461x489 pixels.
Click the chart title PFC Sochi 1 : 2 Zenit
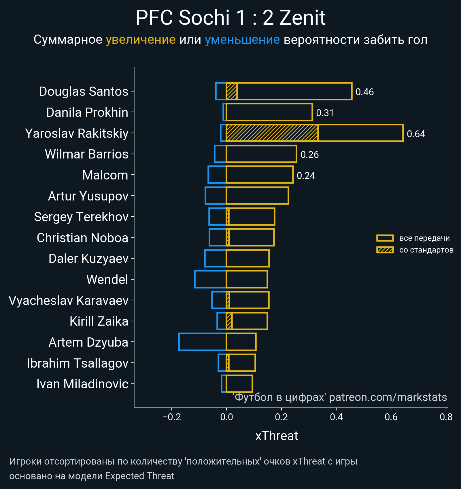point(231,18)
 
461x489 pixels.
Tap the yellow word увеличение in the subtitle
point(141,40)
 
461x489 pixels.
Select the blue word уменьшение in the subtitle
point(242,40)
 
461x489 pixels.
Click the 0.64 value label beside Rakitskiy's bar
point(416,134)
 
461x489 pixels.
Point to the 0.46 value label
point(364,92)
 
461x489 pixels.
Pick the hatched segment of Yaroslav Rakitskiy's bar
point(272,133)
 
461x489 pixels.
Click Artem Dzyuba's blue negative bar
point(202,342)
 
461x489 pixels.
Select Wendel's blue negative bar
point(210,279)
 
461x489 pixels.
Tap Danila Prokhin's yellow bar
point(269,112)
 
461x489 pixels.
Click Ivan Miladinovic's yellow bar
point(239,384)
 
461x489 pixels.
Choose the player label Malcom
point(105,175)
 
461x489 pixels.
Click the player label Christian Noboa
point(82,238)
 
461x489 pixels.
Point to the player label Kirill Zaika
point(99,321)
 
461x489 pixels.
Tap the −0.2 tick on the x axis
point(172,417)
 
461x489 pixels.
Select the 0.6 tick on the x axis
point(391,417)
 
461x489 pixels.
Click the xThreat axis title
point(277,436)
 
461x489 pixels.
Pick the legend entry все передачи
point(424,238)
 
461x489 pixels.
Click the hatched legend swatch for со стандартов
point(385,250)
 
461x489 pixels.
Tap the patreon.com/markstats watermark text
point(388,397)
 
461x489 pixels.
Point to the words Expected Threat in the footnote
point(139,476)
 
